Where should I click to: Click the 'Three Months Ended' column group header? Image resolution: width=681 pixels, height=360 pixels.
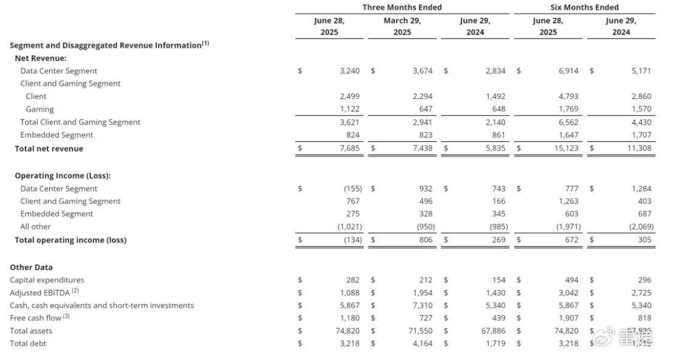(402, 7)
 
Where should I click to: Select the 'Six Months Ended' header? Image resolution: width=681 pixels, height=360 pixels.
(584, 7)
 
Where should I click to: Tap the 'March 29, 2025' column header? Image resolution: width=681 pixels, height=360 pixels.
(402, 26)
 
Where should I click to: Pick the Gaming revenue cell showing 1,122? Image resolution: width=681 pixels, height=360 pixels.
(350, 109)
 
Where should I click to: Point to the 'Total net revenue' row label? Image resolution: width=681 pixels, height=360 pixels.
(49, 149)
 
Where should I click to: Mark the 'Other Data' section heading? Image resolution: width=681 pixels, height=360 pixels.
(31, 267)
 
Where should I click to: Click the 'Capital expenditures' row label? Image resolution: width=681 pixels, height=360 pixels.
(47, 280)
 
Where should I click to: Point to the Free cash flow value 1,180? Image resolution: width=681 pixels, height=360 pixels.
(350, 318)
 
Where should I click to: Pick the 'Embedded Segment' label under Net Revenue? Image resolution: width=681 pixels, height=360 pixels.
(57, 135)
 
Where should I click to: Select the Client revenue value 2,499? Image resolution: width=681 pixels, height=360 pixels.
(350, 96)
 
